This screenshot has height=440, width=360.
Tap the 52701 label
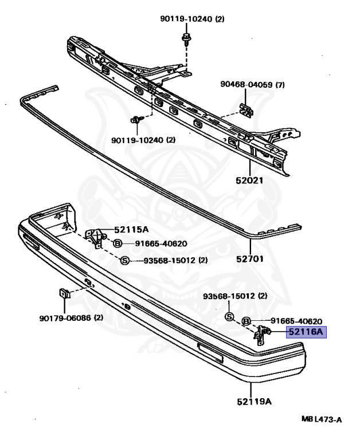pos(251,258)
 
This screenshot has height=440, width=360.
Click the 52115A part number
pos(131,229)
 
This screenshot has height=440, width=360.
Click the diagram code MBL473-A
pos(321,420)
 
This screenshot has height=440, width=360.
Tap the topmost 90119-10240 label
pos(192,19)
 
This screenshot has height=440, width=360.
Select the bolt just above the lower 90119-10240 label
pos(136,120)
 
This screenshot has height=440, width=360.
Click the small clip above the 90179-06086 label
pos(65,294)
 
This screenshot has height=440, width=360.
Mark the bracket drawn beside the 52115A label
pos(94,236)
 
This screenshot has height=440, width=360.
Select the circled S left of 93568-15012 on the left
pos(124,261)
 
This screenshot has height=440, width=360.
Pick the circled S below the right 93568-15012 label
pos(229,317)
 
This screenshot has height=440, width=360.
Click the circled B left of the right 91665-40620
pos(245,321)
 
